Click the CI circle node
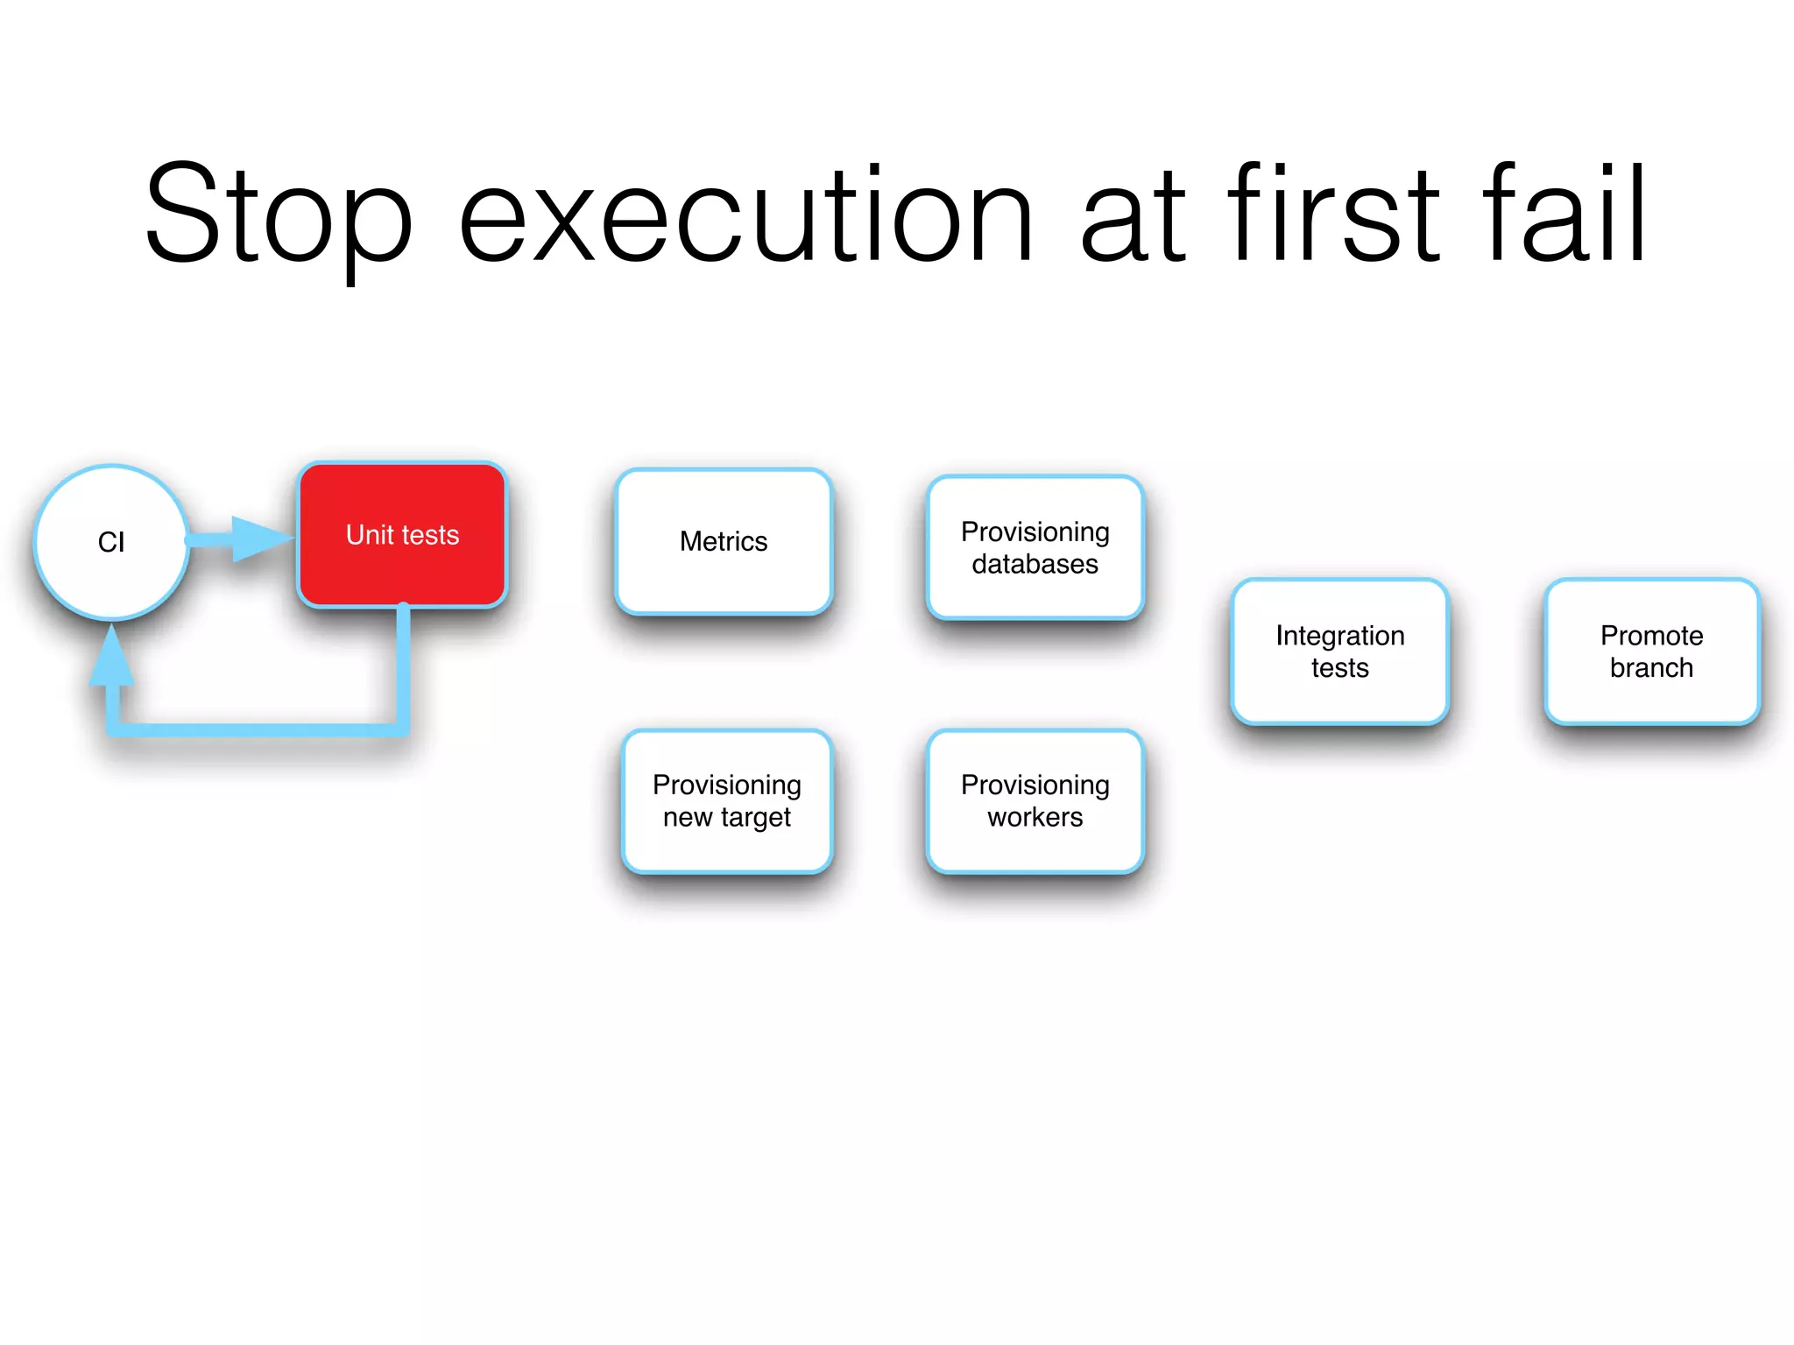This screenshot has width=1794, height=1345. [111, 542]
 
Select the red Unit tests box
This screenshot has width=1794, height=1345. [402, 534]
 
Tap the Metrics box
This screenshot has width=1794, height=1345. [724, 541]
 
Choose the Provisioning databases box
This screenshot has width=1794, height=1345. [1035, 547]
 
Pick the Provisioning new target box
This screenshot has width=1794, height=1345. [726, 800]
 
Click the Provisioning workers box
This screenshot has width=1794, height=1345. [1035, 800]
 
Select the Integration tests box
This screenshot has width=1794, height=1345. [1339, 651]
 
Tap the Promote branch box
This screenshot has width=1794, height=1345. [1651, 651]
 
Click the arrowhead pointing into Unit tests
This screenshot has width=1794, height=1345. [261, 539]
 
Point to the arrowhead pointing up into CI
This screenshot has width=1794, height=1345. [112, 657]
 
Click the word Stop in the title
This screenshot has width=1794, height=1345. [278, 215]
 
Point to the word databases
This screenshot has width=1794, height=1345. [1035, 564]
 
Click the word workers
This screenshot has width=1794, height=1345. [1035, 817]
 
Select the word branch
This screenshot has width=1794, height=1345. [1651, 667]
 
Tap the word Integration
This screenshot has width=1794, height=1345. [1339, 635]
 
